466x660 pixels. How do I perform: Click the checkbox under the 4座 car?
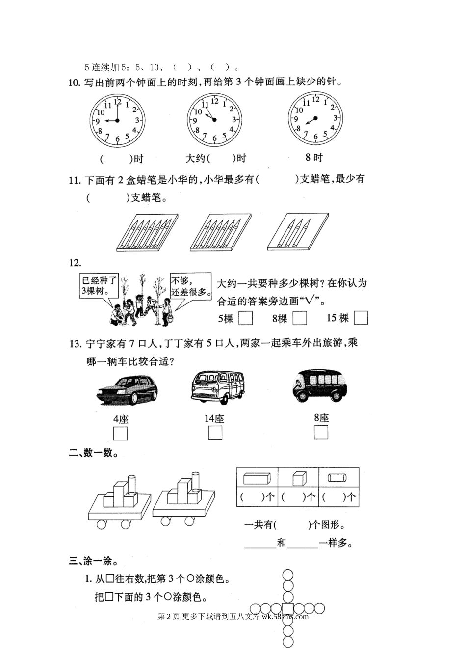120,434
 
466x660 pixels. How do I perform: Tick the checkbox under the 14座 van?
215,433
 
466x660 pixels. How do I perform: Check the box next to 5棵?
245,319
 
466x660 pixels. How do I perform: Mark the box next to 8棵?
300,319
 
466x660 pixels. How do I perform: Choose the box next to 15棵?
361,318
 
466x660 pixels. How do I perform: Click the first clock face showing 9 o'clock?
117,120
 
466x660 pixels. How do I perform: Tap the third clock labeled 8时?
315,118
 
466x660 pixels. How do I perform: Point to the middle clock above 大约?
214,119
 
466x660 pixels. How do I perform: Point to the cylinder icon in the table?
338,477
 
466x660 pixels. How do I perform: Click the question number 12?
75,264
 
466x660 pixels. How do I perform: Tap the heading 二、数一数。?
93,453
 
